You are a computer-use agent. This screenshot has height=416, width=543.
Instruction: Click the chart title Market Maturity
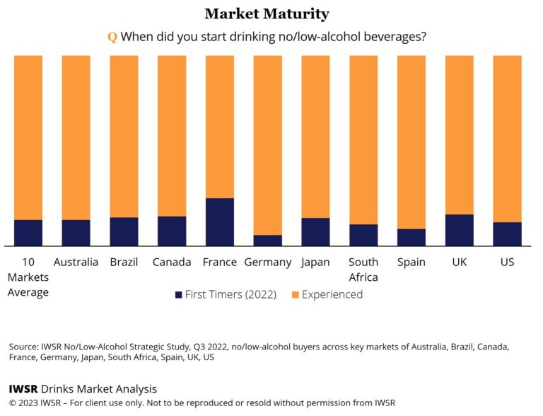(267, 13)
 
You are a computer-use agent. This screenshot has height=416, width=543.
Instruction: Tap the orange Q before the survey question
(112, 37)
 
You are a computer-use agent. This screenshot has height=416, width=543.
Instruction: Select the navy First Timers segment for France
(219, 222)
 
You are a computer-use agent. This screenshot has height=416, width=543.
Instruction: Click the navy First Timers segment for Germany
(267, 241)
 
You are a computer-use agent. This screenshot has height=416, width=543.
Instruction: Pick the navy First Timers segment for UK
(459, 230)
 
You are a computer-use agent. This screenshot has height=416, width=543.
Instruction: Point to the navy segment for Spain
(411, 238)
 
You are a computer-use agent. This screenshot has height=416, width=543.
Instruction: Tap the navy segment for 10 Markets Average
(28, 233)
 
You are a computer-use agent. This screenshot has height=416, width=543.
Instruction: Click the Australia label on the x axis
(76, 262)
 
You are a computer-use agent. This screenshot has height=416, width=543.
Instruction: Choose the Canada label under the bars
(172, 262)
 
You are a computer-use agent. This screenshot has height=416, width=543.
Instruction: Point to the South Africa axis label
(363, 270)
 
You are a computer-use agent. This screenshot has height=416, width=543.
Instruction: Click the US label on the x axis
(507, 262)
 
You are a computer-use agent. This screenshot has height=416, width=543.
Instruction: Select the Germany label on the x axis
(267, 262)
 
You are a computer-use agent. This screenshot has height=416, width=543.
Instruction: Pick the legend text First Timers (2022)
(231, 294)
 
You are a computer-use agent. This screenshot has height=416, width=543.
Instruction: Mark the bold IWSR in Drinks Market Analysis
(23, 389)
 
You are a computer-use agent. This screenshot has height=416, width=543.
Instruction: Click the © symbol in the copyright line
(13, 403)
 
